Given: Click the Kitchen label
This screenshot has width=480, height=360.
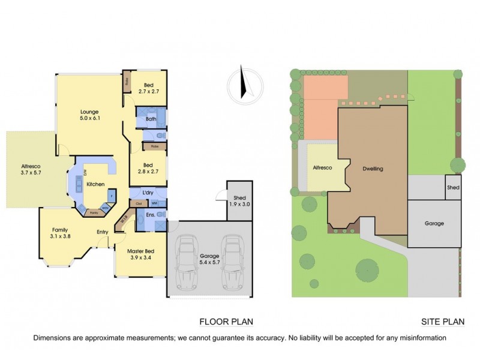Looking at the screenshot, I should pos(96,184).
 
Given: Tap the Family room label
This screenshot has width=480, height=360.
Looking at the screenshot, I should pos(59,230).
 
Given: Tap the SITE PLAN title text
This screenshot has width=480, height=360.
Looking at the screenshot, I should pos(443,321).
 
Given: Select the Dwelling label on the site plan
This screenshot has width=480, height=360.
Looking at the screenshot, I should pos(372,169).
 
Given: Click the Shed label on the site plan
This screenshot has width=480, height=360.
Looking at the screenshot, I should pos(453,188).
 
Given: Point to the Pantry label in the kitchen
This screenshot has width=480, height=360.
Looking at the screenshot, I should pos(94,212).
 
